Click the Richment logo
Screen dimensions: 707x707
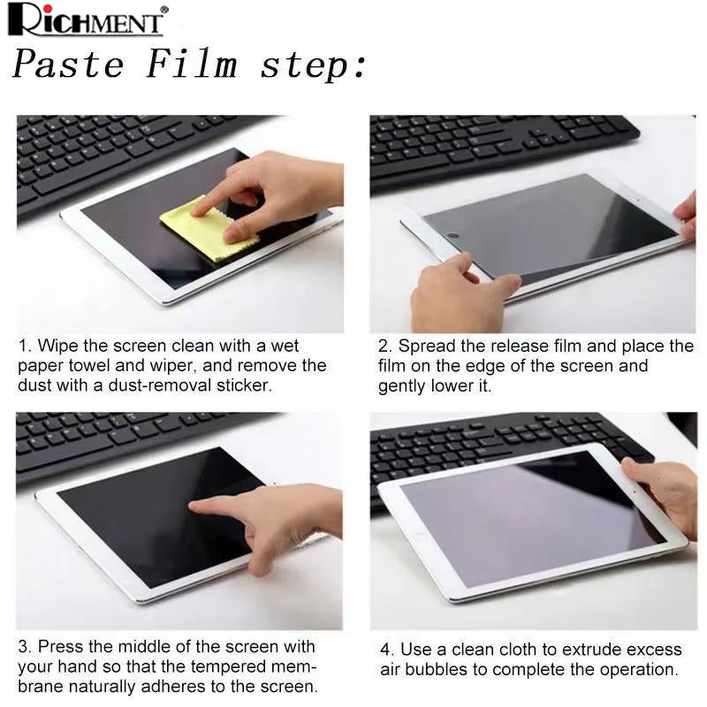point(87,20)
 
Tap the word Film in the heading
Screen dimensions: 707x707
point(192,65)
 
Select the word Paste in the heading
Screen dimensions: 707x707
point(68,65)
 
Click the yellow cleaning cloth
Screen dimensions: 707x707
point(209,229)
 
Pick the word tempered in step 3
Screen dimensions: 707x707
point(228,666)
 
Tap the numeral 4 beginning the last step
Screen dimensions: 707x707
point(385,650)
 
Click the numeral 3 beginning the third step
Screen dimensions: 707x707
point(24,647)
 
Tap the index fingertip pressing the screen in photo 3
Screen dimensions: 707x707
point(193,505)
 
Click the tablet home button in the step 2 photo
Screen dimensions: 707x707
point(453,236)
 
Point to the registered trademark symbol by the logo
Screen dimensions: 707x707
point(164,9)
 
